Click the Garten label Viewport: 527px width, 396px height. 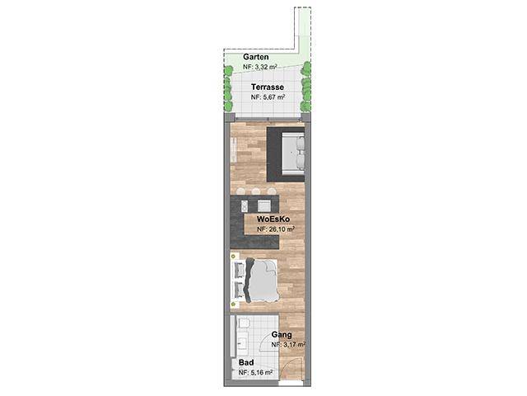click(x=256, y=57)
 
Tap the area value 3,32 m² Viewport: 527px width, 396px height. click(x=264, y=67)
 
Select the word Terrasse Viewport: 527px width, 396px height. click(x=268, y=87)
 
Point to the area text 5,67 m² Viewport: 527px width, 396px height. click(x=273, y=97)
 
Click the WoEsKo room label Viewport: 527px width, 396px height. click(x=273, y=219)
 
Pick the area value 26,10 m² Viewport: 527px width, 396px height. click(x=280, y=229)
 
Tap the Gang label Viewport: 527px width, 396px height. click(x=282, y=335)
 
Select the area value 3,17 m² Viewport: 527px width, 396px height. click(x=293, y=345)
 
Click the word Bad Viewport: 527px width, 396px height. click(x=246, y=363)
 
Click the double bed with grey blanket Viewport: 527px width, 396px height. click(x=257, y=280)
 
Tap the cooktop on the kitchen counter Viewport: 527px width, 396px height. click(x=245, y=206)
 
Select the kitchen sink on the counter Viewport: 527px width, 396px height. click(x=264, y=205)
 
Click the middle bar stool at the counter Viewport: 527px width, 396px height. click(x=256, y=191)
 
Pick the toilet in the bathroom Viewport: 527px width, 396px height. click(x=244, y=323)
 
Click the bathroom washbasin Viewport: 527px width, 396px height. click(x=242, y=343)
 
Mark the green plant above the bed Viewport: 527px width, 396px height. click(x=233, y=257)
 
